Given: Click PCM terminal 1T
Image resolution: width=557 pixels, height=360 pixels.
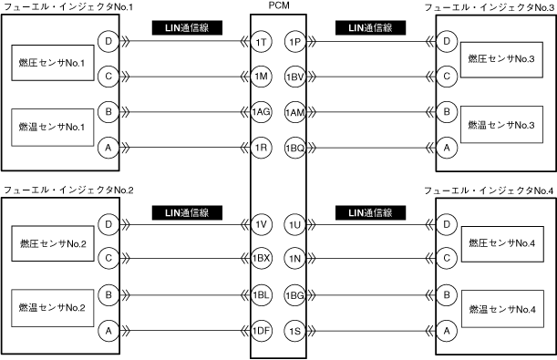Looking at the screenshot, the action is [x=261, y=42].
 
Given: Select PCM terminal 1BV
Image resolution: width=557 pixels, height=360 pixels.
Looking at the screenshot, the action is [x=295, y=77].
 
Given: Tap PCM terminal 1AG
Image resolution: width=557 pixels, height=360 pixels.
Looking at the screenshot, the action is [x=261, y=112].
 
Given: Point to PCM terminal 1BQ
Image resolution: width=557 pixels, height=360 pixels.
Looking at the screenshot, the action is [x=295, y=148].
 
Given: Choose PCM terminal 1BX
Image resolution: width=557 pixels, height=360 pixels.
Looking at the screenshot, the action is [x=261, y=259].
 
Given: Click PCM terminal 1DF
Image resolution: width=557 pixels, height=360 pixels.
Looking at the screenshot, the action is [x=261, y=331].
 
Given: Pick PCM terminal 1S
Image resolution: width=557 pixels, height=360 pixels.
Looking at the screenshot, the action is [x=295, y=331].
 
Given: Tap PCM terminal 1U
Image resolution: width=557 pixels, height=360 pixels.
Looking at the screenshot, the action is [x=295, y=224].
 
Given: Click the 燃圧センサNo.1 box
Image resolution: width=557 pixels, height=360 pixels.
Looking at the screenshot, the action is [x=53, y=63].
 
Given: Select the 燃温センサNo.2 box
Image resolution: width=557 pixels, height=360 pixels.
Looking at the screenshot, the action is [x=53, y=308].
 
